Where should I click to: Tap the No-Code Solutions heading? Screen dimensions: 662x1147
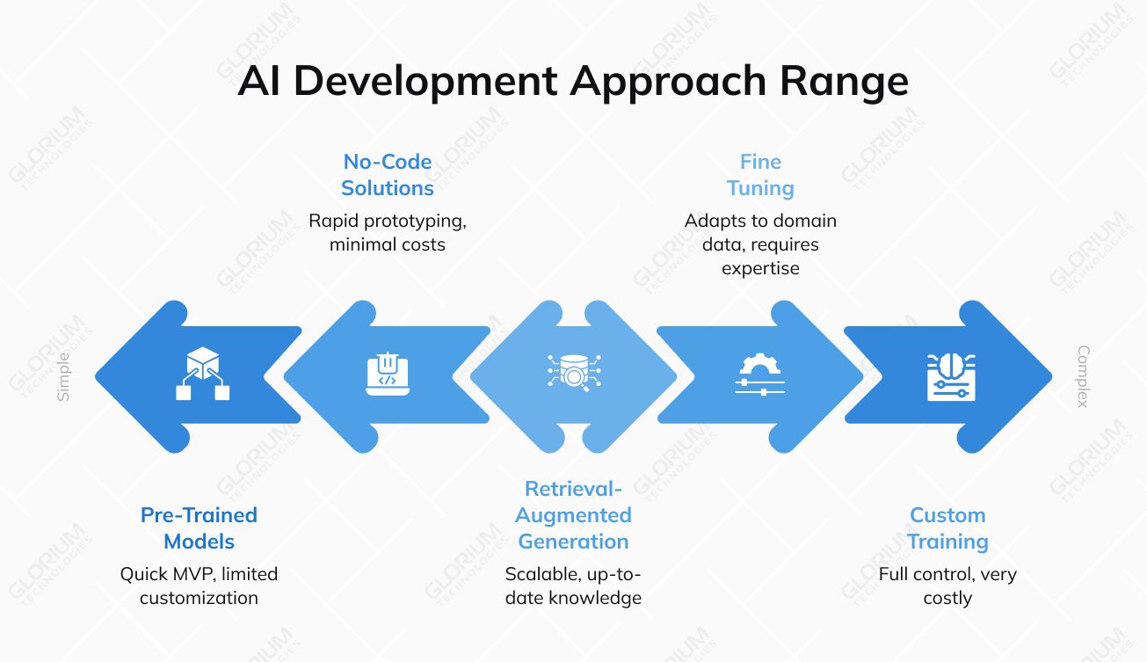(388, 175)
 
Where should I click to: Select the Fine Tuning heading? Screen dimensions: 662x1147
(760, 175)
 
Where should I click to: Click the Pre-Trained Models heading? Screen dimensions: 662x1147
(199, 528)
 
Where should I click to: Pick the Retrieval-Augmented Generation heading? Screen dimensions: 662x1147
(573, 515)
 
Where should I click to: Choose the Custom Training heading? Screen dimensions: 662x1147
(947, 528)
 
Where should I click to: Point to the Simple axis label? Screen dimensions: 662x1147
(63, 377)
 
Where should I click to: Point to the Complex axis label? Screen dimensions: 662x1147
(1083, 376)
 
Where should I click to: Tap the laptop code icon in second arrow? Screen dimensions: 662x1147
(387, 375)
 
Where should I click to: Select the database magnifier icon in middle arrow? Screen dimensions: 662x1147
(573, 373)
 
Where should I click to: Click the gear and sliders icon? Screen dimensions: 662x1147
(759, 375)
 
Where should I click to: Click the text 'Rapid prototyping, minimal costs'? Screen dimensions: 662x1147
(388, 232)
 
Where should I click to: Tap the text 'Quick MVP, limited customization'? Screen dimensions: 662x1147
(199, 586)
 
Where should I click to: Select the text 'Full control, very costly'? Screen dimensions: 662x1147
(947, 586)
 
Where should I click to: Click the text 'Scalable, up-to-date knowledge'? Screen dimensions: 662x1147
(573, 586)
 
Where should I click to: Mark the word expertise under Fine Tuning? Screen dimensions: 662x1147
(760, 268)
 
